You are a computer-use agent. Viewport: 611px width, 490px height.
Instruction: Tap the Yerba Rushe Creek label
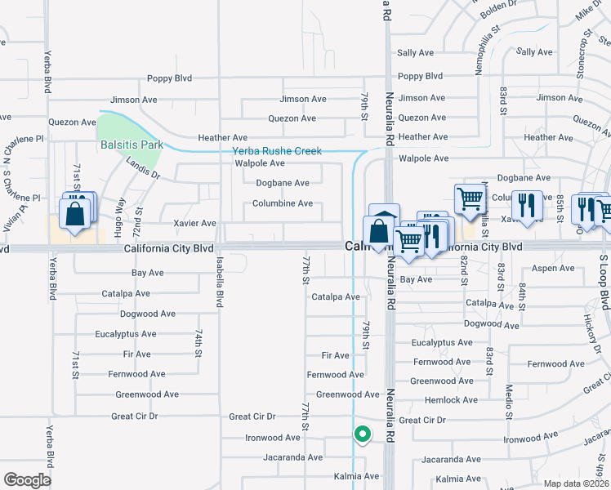point(277,151)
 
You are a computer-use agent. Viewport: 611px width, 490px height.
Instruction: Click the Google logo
point(27,479)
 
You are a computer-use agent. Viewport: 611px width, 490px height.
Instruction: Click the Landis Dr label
point(144,167)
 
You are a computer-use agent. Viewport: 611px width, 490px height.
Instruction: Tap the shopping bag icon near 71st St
point(74,215)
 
